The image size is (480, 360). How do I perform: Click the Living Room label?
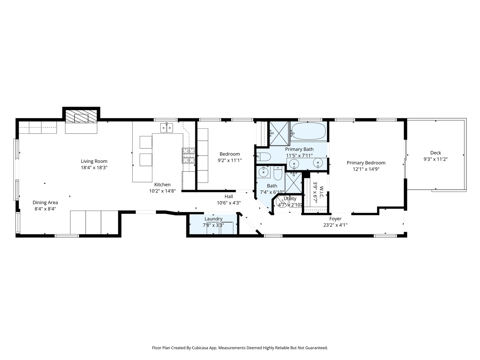click(x=94, y=161)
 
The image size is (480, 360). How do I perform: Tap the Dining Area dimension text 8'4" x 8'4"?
click(x=45, y=209)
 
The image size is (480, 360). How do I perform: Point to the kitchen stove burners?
click(x=189, y=156)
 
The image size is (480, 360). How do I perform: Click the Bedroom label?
click(x=230, y=154)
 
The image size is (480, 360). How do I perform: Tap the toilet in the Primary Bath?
click(x=263, y=156)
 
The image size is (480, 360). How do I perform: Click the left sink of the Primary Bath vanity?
click(x=294, y=163)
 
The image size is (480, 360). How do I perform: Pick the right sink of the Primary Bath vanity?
click(x=318, y=163)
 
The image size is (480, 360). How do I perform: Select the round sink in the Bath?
click(x=263, y=172)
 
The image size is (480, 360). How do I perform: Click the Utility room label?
click(x=290, y=199)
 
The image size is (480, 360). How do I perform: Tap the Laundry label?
click(x=213, y=219)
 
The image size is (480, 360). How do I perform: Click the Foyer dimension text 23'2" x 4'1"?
click(x=335, y=225)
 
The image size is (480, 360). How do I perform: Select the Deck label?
click(x=435, y=153)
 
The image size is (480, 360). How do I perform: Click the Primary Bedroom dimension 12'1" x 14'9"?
click(x=366, y=169)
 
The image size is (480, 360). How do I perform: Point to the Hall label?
click(x=229, y=197)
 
